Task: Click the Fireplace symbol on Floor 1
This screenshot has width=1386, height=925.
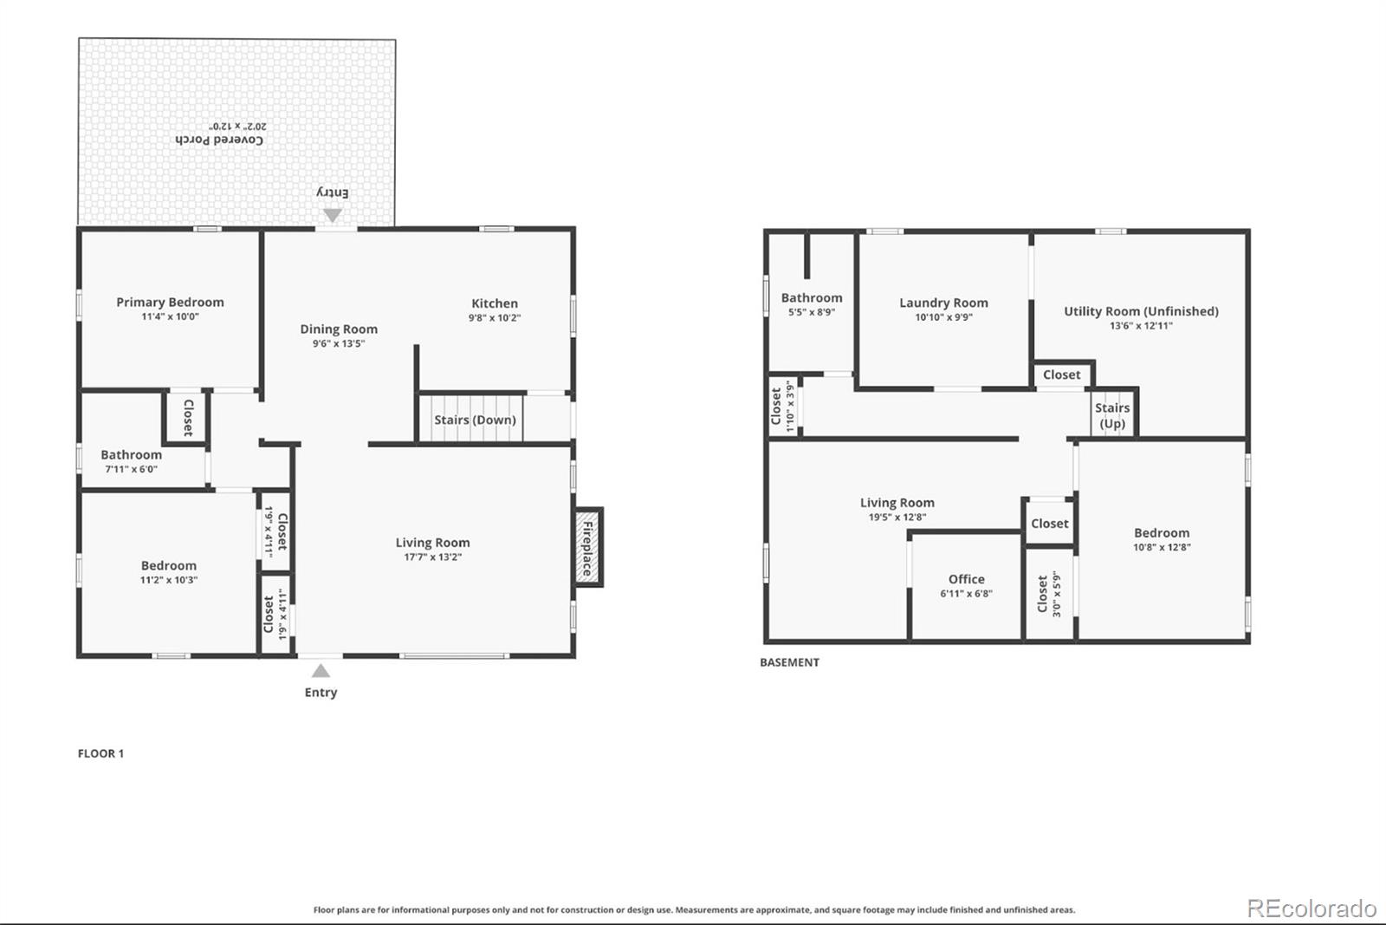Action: pos(587,548)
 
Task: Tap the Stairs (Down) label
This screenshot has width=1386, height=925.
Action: pos(475,420)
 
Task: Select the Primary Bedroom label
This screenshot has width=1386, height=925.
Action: pos(170,302)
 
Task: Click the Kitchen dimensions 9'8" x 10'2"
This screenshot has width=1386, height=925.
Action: pos(495,318)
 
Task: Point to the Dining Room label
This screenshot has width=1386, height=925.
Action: pos(339,329)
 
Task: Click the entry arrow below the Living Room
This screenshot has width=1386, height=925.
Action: pos(321,671)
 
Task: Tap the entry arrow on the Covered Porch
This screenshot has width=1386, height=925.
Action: pos(333,214)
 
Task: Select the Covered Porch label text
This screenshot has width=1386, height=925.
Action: pos(219,140)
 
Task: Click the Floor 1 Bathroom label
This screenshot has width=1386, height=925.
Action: pos(131,454)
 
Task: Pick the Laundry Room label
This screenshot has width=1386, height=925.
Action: pos(943,303)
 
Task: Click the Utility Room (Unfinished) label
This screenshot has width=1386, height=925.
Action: pos(1141,311)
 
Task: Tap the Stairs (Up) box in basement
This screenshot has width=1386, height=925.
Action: pos(1112,415)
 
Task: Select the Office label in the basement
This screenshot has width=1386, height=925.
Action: pos(966,579)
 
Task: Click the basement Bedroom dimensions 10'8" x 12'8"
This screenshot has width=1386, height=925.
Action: pos(1162,548)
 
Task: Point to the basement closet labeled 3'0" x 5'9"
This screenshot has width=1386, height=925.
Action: pos(1049,594)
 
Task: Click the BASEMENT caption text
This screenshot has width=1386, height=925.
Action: pos(789,662)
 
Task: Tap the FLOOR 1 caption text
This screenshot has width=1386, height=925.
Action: pos(100,753)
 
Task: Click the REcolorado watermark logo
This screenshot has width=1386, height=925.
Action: pos(1311,908)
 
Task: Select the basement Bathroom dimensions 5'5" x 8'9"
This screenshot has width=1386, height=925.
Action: pos(811,312)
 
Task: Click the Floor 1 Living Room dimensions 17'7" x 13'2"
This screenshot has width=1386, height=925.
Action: pos(432,557)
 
